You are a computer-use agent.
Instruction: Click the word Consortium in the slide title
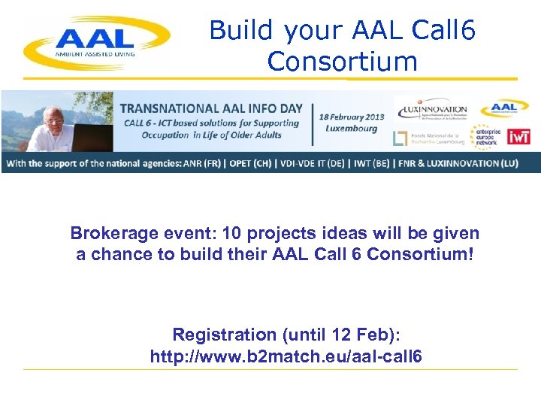[x=342, y=62]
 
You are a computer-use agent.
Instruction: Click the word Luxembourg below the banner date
[x=352, y=128]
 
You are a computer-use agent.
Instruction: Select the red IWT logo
[x=518, y=136]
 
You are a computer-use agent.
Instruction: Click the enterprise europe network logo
[x=486, y=136]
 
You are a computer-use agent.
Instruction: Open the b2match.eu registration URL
[x=286, y=356]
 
